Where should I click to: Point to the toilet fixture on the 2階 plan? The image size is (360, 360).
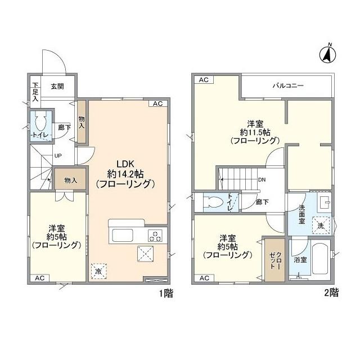[213, 202]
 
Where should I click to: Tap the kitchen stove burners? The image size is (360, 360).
[155, 235]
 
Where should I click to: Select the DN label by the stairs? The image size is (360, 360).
[262, 180]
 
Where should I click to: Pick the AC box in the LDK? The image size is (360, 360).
[157, 103]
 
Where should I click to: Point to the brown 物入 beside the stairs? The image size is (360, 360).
[70, 180]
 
